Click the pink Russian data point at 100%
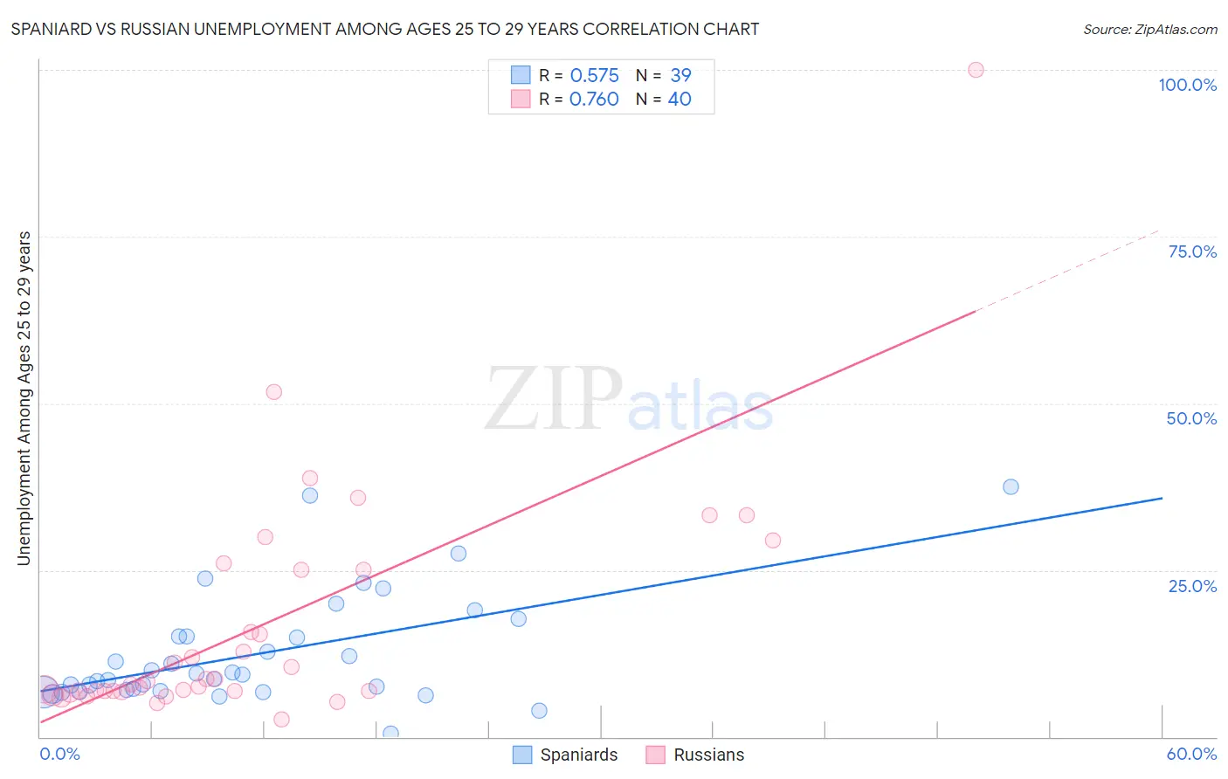pos(976,70)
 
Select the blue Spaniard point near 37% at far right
pos(1011,486)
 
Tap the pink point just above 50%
pos(273,392)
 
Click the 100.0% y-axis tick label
pos(1187,85)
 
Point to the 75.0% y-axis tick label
pos(1192,252)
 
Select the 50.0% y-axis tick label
pos(1191,418)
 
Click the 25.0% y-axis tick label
pos(1192,585)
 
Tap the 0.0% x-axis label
pos(59,754)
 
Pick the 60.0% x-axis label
pos(1191,754)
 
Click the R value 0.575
pos(594,75)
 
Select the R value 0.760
pos(594,99)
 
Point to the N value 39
pos(680,75)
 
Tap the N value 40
pos(680,99)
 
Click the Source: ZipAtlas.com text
pos(1149,29)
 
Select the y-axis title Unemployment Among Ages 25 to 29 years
pos(24,397)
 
